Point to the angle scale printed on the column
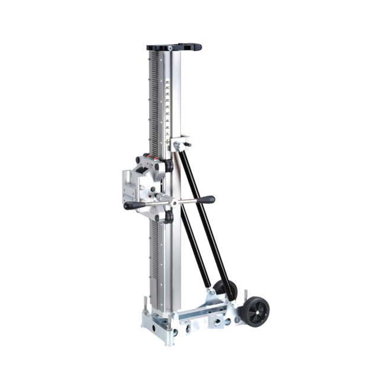point(168,107)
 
